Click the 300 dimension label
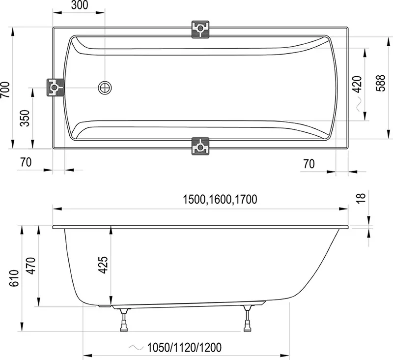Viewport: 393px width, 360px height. (x=80, y=5)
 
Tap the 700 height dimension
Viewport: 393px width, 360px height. (x=5, y=90)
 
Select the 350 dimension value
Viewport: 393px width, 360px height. (x=25, y=118)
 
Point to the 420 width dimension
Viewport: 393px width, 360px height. (x=358, y=84)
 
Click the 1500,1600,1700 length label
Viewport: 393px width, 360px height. (x=220, y=200)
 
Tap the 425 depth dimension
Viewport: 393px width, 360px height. (x=103, y=265)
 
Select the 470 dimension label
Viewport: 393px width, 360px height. (x=31, y=266)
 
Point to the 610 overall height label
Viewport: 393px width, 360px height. (x=14, y=278)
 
